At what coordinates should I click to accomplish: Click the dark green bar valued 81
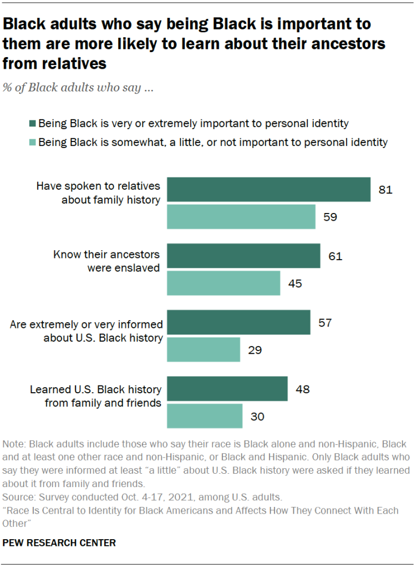coord(268,189)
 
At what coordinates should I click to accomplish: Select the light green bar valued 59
coord(241,216)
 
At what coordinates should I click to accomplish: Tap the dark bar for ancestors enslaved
coord(243,256)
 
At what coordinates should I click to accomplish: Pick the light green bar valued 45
coord(223,283)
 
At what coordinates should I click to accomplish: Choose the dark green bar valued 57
coord(238,322)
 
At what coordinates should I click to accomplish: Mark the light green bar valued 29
coord(204,349)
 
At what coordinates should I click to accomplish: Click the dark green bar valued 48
coord(227,389)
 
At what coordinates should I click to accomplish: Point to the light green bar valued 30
coord(205,416)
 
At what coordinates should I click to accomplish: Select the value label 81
coord(385,190)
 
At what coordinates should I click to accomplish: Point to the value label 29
coord(255,350)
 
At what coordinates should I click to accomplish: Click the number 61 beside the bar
coord(335,256)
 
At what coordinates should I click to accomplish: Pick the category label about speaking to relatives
coord(98,192)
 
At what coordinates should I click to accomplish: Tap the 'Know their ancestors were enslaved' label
coord(106,261)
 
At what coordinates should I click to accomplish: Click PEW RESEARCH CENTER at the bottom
coord(59,542)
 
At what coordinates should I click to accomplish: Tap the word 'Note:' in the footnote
coord(14,445)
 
